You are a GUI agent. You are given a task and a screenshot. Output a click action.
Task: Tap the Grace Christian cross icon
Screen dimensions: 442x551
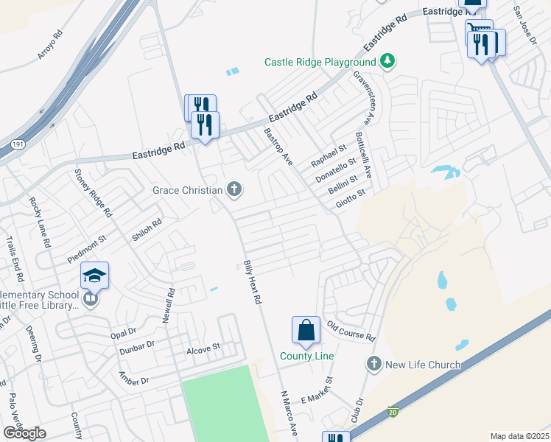coord(234,190)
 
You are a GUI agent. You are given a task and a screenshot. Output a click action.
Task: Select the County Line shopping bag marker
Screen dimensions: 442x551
coord(306,331)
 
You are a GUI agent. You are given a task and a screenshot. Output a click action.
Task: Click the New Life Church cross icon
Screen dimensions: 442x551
coord(374,364)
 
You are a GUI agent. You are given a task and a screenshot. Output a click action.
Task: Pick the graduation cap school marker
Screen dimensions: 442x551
coord(95,276)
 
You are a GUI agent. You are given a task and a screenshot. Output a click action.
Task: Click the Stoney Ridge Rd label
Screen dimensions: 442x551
coord(93,193)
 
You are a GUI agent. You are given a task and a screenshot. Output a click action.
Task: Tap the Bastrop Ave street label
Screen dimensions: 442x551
coord(278,147)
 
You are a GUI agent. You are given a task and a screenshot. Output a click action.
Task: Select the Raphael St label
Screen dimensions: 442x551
coord(329,155)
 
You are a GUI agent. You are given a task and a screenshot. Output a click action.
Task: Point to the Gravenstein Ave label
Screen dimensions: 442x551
coord(364,97)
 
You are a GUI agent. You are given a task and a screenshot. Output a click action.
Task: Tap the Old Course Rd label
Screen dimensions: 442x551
coord(351,331)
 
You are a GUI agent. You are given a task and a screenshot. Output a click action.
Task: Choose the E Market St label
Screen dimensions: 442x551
coord(317,391)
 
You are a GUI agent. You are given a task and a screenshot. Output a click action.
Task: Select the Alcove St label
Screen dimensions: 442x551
coord(203,348)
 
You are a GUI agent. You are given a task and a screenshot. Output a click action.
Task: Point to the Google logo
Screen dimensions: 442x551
coord(24,433)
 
